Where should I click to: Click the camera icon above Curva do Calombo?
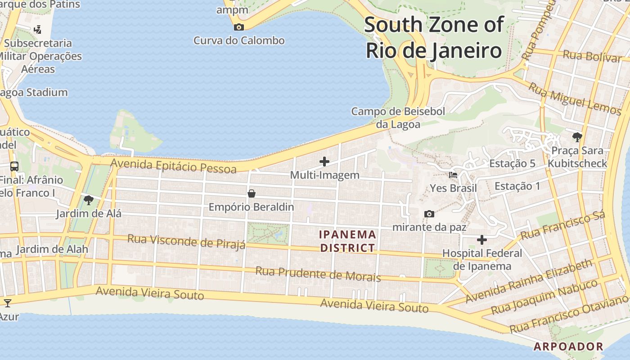click(x=239, y=27)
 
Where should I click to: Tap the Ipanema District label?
click(x=347, y=241)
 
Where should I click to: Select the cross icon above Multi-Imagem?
click(x=324, y=162)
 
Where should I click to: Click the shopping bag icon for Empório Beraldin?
click(x=252, y=193)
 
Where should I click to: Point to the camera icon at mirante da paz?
click(x=429, y=214)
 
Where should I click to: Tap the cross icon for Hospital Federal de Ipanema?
click(x=482, y=240)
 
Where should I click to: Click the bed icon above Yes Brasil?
click(x=453, y=175)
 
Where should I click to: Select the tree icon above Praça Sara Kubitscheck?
click(x=577, y=137)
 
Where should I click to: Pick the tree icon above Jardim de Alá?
click(x=89, y=200)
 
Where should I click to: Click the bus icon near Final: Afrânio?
click(x=14, y=166)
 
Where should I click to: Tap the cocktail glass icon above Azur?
click(x=7, y=302)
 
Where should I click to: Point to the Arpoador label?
click(x=568, y=346)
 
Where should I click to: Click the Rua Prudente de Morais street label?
click(x=318, y=273)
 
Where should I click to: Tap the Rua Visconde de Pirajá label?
click(x=186, y=241)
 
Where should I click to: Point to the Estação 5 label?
click(x=513, y=163)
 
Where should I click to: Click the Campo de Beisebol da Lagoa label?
click(x=398, y=117)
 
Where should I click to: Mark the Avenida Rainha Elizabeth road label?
click(x=529, y=281)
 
